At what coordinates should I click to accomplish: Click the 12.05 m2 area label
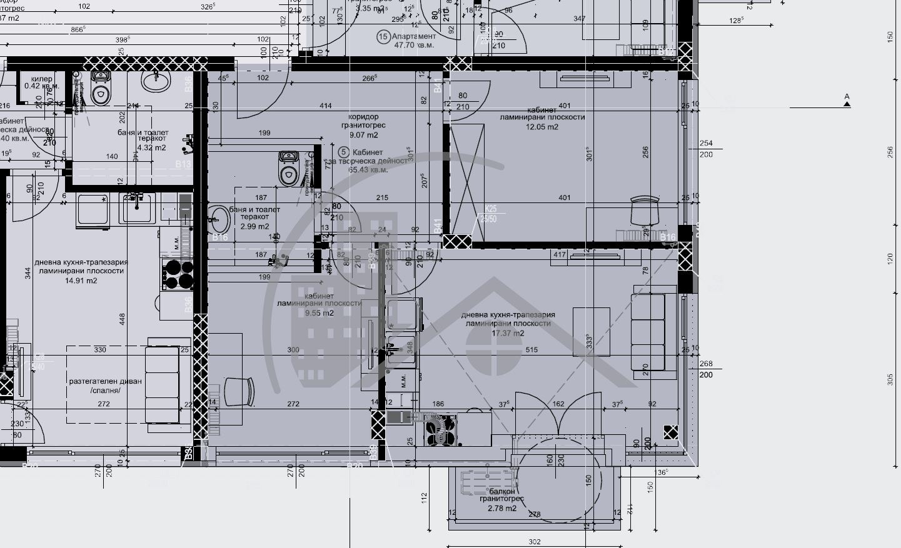tap(542, 127)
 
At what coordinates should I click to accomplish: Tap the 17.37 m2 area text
tap(507, 333)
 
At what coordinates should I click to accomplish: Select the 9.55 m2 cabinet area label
tap(319, 313)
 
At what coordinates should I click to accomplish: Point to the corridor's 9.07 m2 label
tap(363, 135)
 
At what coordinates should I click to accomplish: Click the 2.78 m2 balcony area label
tap(502, 508)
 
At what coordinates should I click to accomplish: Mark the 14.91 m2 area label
tap(81, 281)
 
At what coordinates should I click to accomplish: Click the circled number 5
tap(343, 152)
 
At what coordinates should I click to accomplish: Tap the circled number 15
tap(383, 37)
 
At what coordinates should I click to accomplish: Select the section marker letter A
tap(847, 97)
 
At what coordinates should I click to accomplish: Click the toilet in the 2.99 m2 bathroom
tap(288, 170)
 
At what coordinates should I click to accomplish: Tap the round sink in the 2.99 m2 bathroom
tap(219, 218)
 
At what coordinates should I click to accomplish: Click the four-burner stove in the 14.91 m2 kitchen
tap(179, 274)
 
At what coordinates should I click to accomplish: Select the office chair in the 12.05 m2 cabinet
tap(645, 210)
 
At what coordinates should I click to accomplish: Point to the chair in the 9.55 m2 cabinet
tap(239, 391)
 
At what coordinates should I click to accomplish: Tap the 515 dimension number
tap(531, 350)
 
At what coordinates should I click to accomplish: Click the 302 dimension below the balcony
tap(535, 542)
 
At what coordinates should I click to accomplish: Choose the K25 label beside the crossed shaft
tap(491, 209)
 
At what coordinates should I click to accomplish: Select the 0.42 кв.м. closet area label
tap(41, 86)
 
